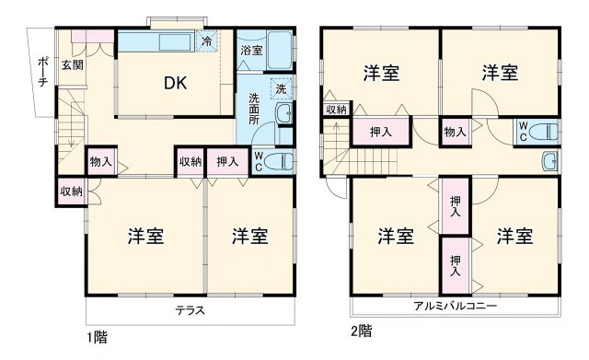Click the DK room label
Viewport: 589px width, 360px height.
click(x=176, y=84)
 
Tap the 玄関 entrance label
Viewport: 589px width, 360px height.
click(x=73, y=64)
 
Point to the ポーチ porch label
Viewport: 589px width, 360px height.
click(x=42, y=72)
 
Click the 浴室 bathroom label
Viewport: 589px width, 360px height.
click(x=250, y=51)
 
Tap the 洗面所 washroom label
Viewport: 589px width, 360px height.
click(x=254, y=111)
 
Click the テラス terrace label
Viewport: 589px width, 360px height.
click(x=191, y=310)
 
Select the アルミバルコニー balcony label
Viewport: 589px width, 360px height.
click(x=455, y=306)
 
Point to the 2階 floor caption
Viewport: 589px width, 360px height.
click(x=360, y=330)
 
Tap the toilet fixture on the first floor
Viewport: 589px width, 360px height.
click(x=283, y=162)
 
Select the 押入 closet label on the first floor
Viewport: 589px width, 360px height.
click(x=226, y=162)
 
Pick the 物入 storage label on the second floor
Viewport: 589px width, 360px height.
click(x=455, y=132)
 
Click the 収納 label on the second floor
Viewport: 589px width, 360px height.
click(x=336, y=110)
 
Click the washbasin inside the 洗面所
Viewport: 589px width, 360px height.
click(x=285, y=115)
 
